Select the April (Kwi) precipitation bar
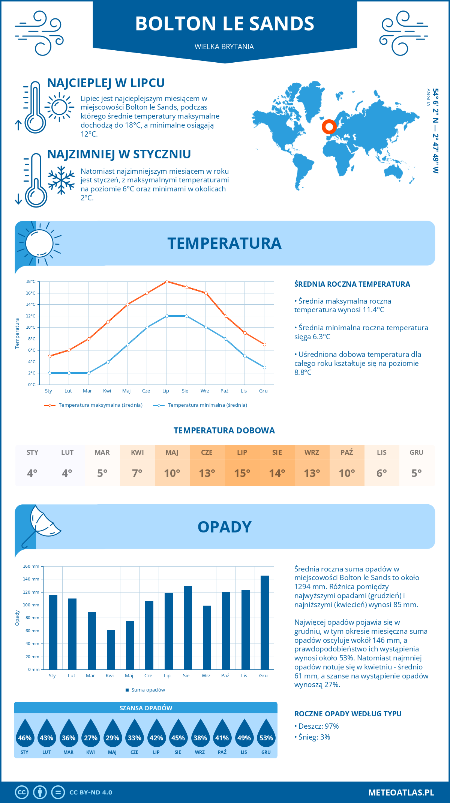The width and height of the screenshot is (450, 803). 111,650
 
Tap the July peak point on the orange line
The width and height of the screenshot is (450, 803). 167,281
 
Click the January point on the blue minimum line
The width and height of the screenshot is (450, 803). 49,373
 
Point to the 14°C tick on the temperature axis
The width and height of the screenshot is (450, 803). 31,304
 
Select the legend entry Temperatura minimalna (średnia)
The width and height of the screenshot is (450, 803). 201,405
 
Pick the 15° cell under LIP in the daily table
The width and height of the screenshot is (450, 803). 242,473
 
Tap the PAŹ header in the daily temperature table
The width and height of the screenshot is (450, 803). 346,452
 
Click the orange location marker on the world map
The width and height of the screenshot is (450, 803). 329,127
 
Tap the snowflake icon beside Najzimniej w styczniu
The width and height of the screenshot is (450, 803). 61,180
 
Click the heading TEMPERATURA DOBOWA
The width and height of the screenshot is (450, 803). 224,430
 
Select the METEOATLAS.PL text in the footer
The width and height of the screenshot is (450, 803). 401,792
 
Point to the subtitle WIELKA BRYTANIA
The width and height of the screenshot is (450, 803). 224,47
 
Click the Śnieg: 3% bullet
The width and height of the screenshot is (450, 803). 312,737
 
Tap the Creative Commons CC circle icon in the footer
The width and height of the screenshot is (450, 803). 22,792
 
